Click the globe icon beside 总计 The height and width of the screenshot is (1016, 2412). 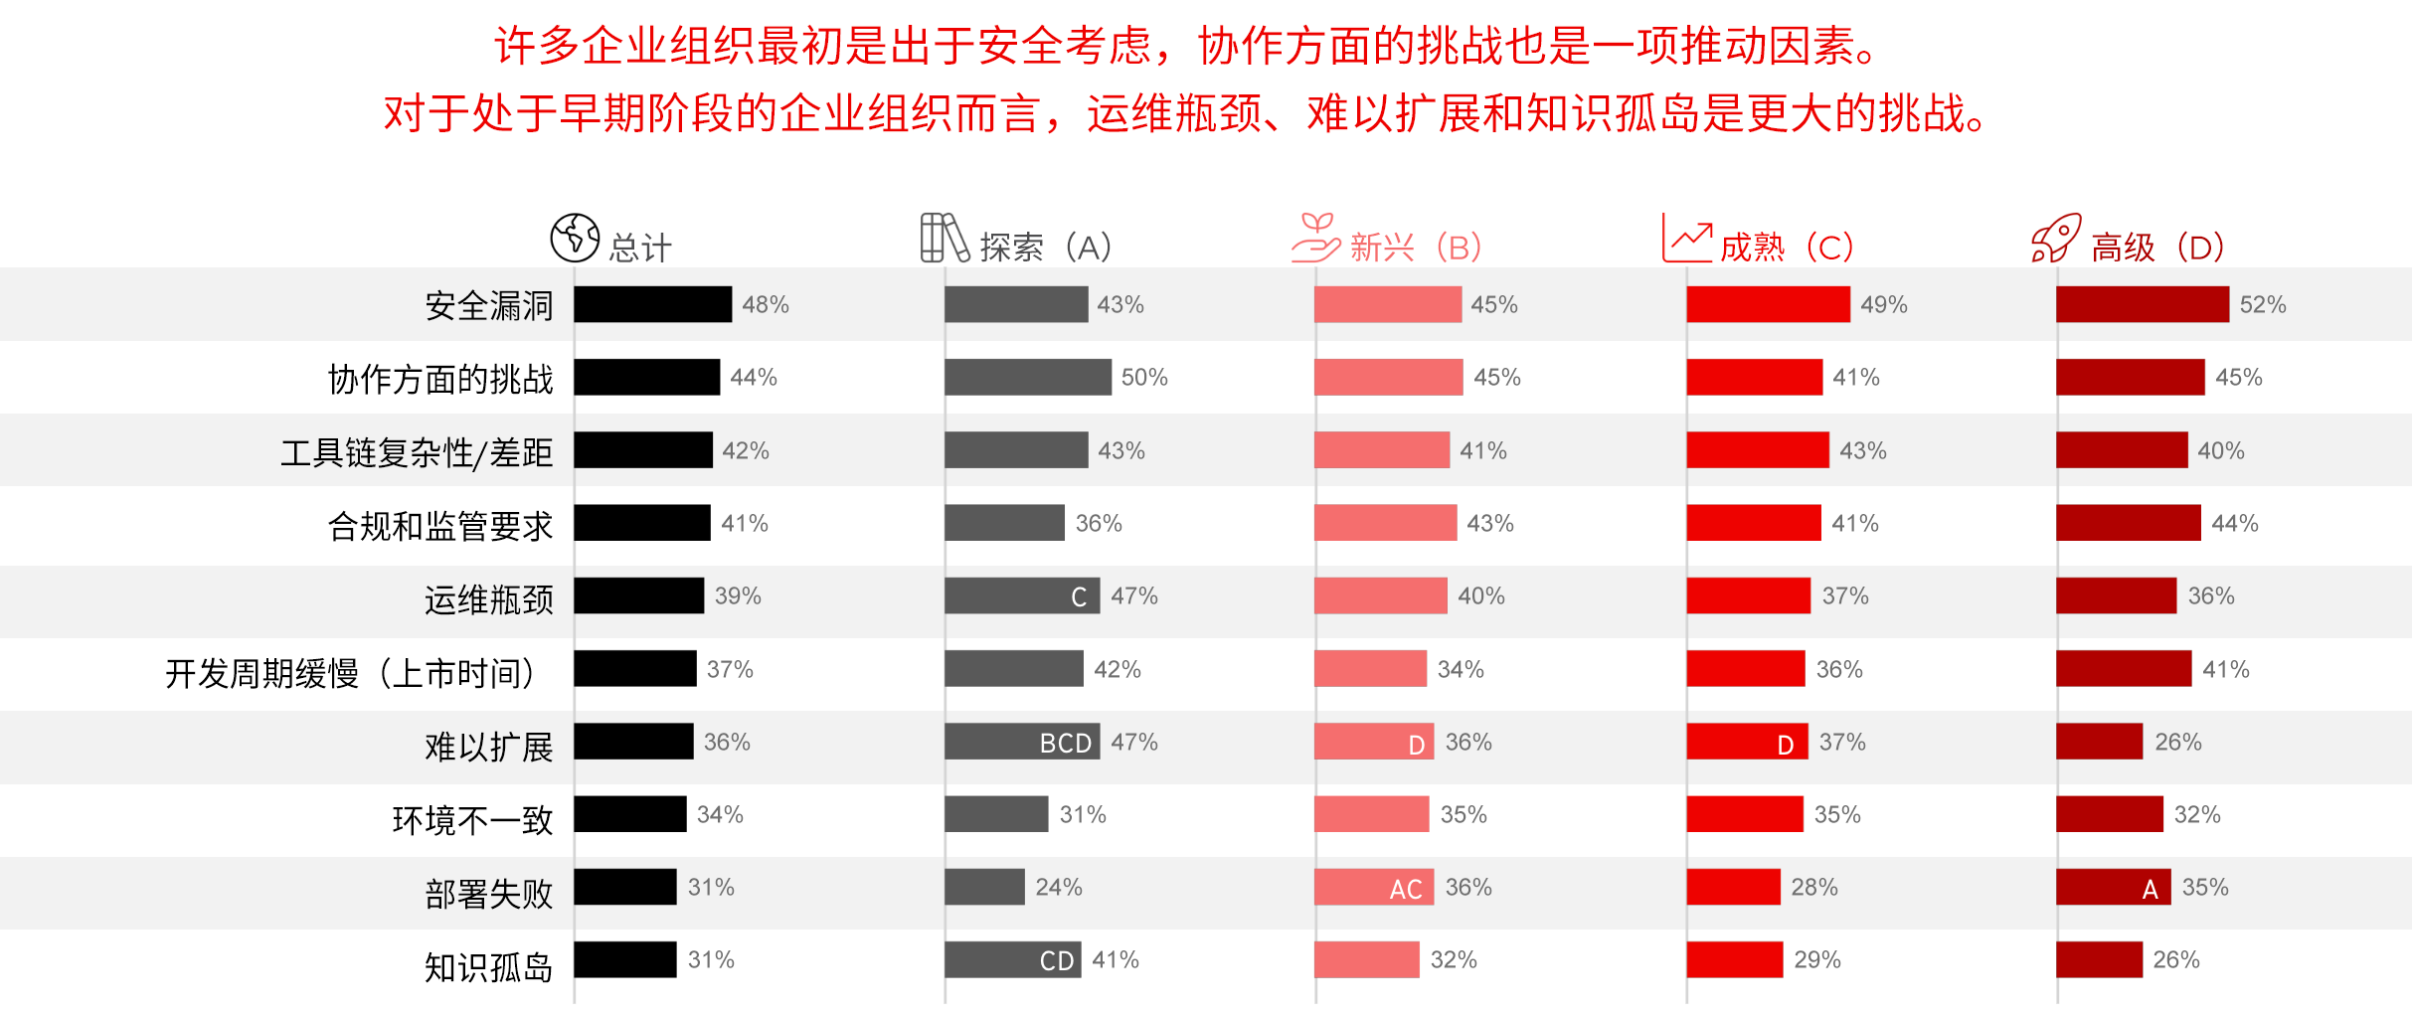coord(575,238)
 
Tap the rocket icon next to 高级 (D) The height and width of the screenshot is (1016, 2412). coord(2055,239)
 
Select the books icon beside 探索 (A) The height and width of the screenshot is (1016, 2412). coord(944,238)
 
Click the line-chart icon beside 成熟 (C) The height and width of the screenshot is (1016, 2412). coord(1686,239)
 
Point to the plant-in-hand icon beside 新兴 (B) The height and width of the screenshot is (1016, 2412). coord(1315,239)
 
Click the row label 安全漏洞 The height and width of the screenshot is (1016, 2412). coord(488,305)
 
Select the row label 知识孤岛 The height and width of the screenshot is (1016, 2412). coord(488,966)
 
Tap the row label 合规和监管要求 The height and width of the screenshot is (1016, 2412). coord(439,525)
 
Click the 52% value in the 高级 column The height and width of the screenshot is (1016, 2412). coord(2262,304)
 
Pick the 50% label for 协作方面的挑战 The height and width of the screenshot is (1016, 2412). coord(1143,378)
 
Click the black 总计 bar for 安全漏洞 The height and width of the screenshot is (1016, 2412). coord(652,304)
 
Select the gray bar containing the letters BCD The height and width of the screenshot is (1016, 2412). coord(1022,742)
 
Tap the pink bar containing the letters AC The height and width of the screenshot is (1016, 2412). coord(1373,887)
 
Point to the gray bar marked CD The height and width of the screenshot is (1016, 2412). coord(1012,959)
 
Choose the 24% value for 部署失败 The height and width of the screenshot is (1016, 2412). coord(1058,887)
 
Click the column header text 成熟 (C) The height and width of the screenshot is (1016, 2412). coord(1787,247)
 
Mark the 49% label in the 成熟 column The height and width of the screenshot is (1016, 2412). coord(1883,304)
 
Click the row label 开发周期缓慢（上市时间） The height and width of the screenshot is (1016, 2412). coord(354,673)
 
